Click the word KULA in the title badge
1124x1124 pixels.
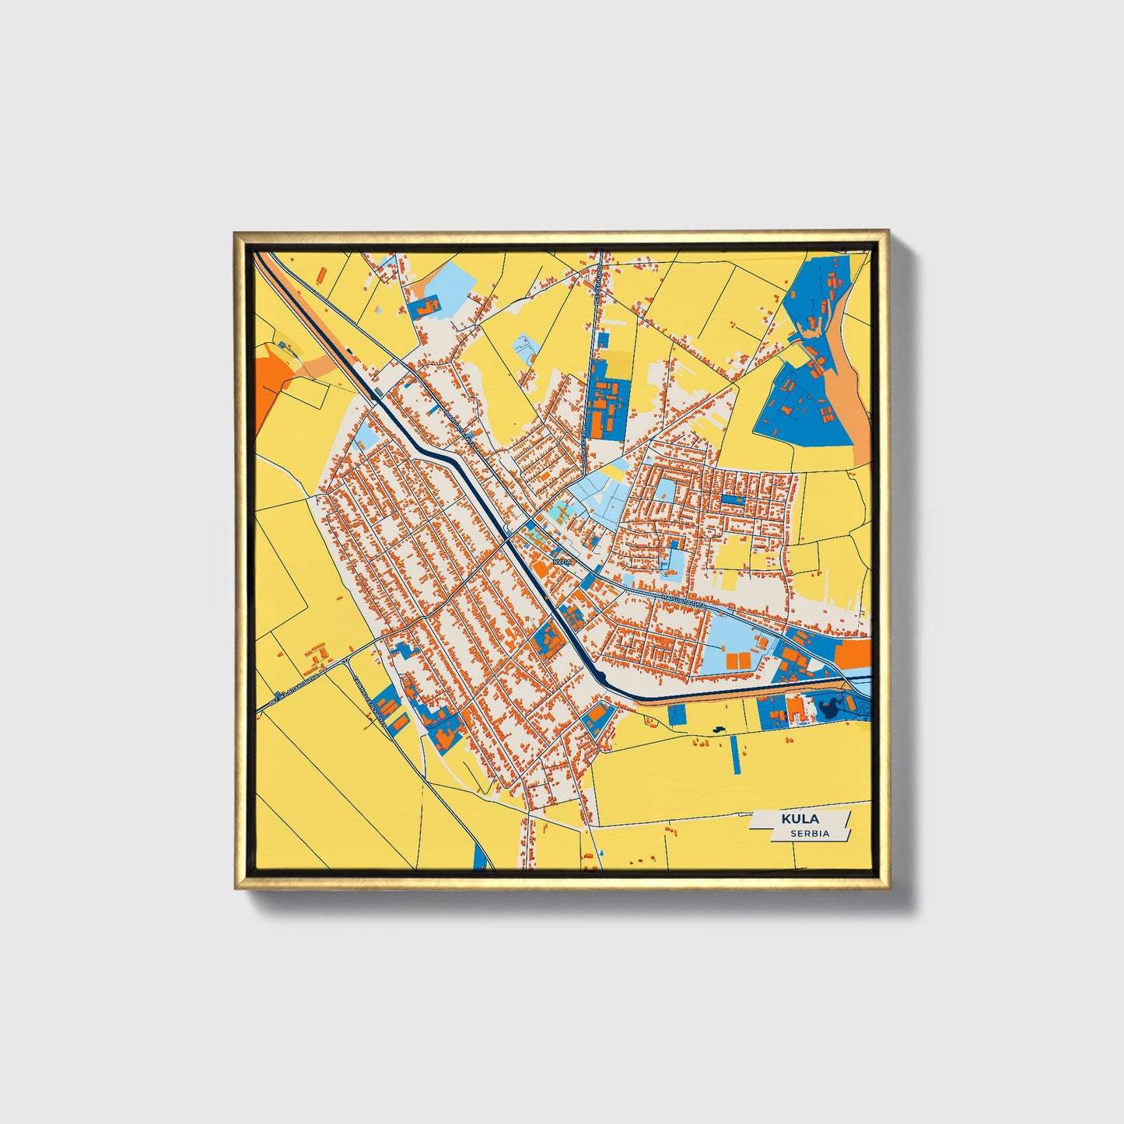tap(800, 819)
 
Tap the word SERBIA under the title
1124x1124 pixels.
tap(809, 833)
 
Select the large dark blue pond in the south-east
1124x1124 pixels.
tap(828, 707)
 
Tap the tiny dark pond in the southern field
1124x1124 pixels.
tap(716, 730)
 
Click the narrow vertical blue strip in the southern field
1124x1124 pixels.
tap(735, 753)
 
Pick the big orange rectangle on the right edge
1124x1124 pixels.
tap(853, 654)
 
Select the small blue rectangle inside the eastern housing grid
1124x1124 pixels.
tap(731, 499)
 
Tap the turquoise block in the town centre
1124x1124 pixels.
tap(556, 512)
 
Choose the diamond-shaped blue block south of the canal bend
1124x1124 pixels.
tap(597, 716)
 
